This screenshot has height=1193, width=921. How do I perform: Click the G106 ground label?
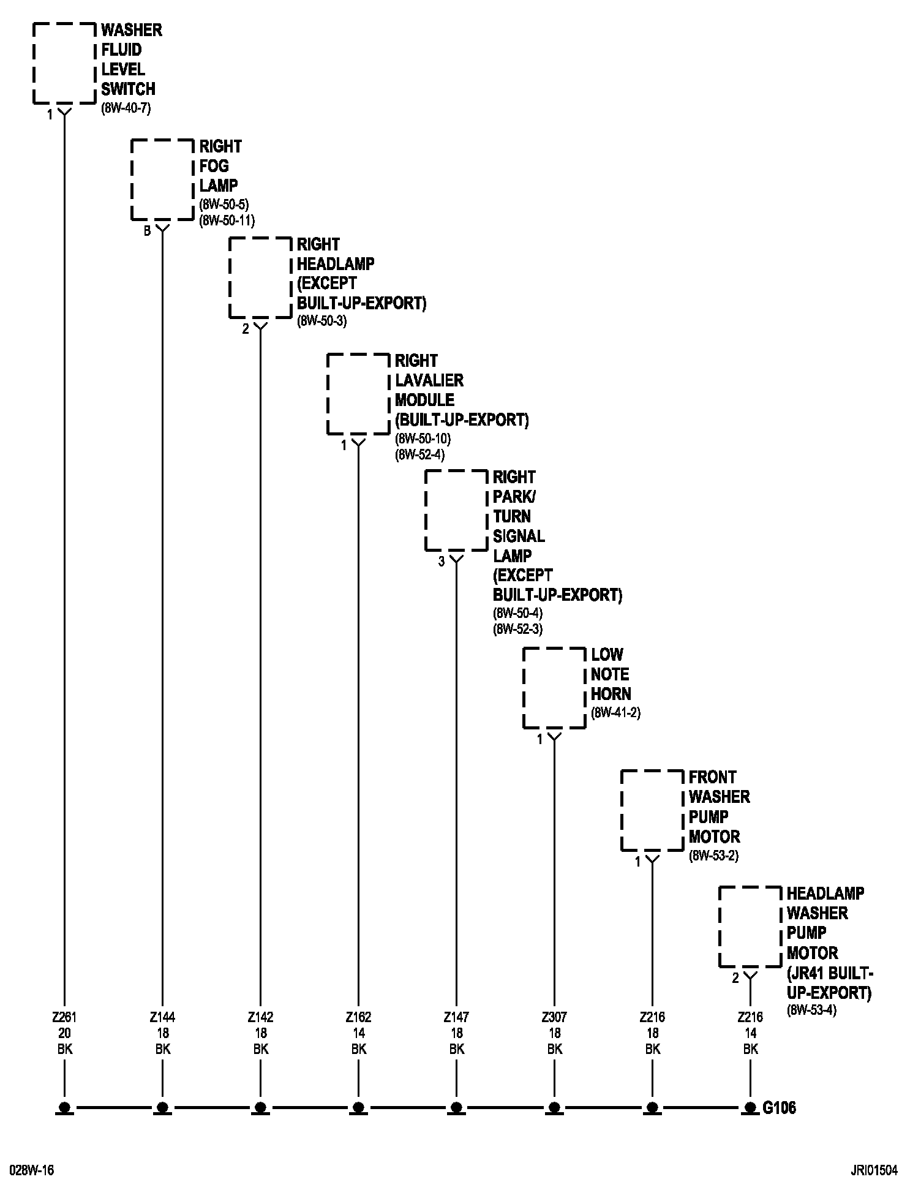pyautogui.click(x=780, y=1107)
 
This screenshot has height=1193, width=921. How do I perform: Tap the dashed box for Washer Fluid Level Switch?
pyautogui.click(x=64, y=63)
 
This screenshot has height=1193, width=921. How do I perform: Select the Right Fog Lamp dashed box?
pyautogui.click(x=162, y=179)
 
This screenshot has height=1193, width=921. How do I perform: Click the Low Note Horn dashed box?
pyautogui.click(x=554, y=688)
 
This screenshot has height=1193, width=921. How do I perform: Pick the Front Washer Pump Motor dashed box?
pyautogui.click(x=652, y=810)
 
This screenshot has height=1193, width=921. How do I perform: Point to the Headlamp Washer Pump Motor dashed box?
pyautogui.click(x=750, y=927)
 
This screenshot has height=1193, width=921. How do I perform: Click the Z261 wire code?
pyautogui.click(x=64, y=1017)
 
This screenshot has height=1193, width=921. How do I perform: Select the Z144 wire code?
pyautogui.click(x=162, y=1017)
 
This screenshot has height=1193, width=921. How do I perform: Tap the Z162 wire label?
pyautogui.click(x=358, y=1017)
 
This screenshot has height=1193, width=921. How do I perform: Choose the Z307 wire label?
pyautogui.click(x=554, y=1017)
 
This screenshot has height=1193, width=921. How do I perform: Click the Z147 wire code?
pyautogui.click(x=456, y=1017)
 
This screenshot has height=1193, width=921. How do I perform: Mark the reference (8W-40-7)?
pyautogui.click(x=126, y=108)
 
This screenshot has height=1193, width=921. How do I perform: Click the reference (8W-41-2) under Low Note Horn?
pyautogui.click(x=615, y=713)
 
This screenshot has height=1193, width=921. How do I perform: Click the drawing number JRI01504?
pyautogui.click(x=874, y=1170)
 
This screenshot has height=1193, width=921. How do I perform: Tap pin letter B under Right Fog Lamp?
pyautogui.click(x=147, y=231)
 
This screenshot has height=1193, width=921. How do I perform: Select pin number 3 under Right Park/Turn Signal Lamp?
pyautogui.click(x=441, y=562)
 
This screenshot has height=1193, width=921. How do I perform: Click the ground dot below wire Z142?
pyautogui.click(x=260, y=1107)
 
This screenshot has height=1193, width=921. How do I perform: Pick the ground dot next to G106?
pyautogui.click(x=750, y=1107)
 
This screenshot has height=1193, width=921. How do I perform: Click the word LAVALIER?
pyautogui.click(x=429, y=380)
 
